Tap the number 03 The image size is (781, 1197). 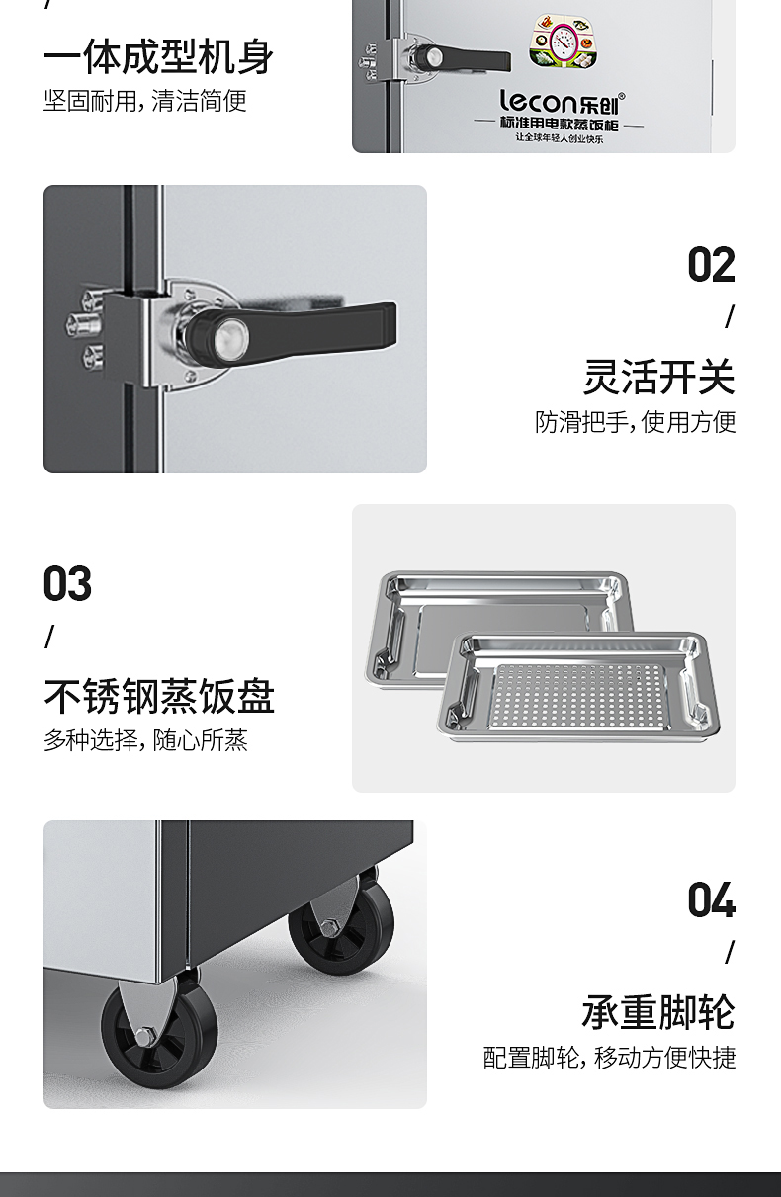[x=67, y=583]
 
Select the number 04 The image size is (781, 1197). [x=711, y=899]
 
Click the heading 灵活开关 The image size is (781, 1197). [x=659, y=378]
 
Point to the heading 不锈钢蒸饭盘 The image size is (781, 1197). [x=159, y=696]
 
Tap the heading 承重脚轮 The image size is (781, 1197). [x=658, y=1012]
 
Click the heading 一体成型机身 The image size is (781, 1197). [x=159, y=57]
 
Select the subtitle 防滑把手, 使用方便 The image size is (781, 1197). [x=636, y=422]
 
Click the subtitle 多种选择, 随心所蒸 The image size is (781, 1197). [x=145, y=740]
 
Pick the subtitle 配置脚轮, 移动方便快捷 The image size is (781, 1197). [x=609, y=1057]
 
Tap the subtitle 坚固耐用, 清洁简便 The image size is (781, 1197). [x=145, y=101]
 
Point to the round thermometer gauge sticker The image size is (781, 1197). [x=564, y=42]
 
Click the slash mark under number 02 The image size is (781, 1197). [x=730, y=317]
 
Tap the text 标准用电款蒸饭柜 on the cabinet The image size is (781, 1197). [x=560, y=124]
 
